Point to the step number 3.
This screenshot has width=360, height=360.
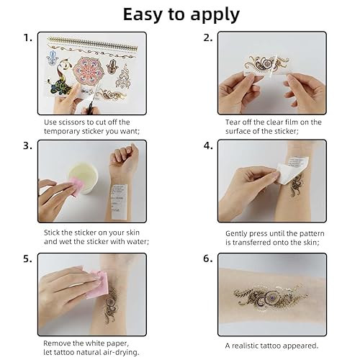27,145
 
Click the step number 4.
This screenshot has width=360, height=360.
207,145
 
